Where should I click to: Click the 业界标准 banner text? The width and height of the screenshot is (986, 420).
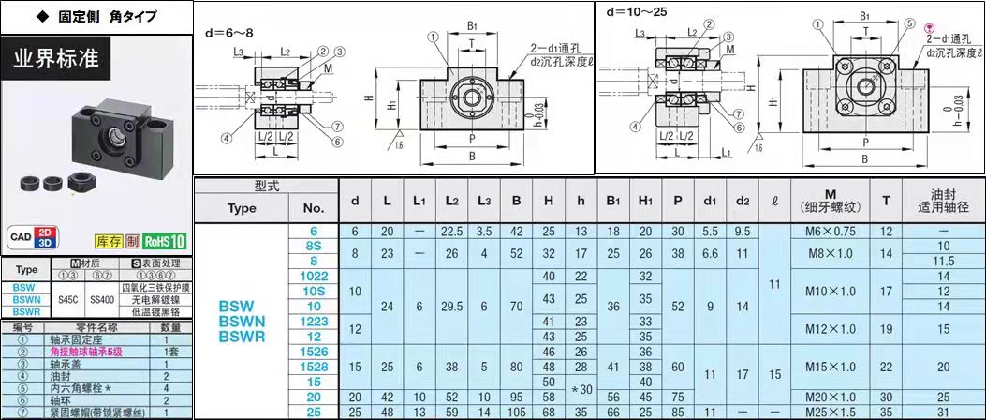pyautogui.click(x=55, y=58)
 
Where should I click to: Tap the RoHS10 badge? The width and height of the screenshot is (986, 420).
pyautogui.click(x=165, y=240)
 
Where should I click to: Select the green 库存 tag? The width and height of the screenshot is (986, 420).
pyautogui.click(x=110, y=241)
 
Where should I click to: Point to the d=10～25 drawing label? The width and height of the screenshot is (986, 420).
pyautogui.click(x=637, y=13)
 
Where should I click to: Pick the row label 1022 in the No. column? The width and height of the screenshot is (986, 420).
pyautogui.click(x=314, y=276)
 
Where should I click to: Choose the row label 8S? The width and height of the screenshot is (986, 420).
pyautogui.click(x=314, y=246)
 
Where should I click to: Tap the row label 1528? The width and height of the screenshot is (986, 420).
pyautogui.click(x=314, y=367)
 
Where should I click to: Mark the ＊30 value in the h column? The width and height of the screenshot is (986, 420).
pyautogui.click(x=581, y=389)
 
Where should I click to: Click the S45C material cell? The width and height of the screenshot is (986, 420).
pyautogui.click(x=68, y=299)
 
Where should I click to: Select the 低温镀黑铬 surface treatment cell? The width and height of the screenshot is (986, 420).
pyautogui.click(x=155, y=311)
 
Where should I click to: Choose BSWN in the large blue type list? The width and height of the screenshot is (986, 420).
pyautogui.click(x=241, y=321)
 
